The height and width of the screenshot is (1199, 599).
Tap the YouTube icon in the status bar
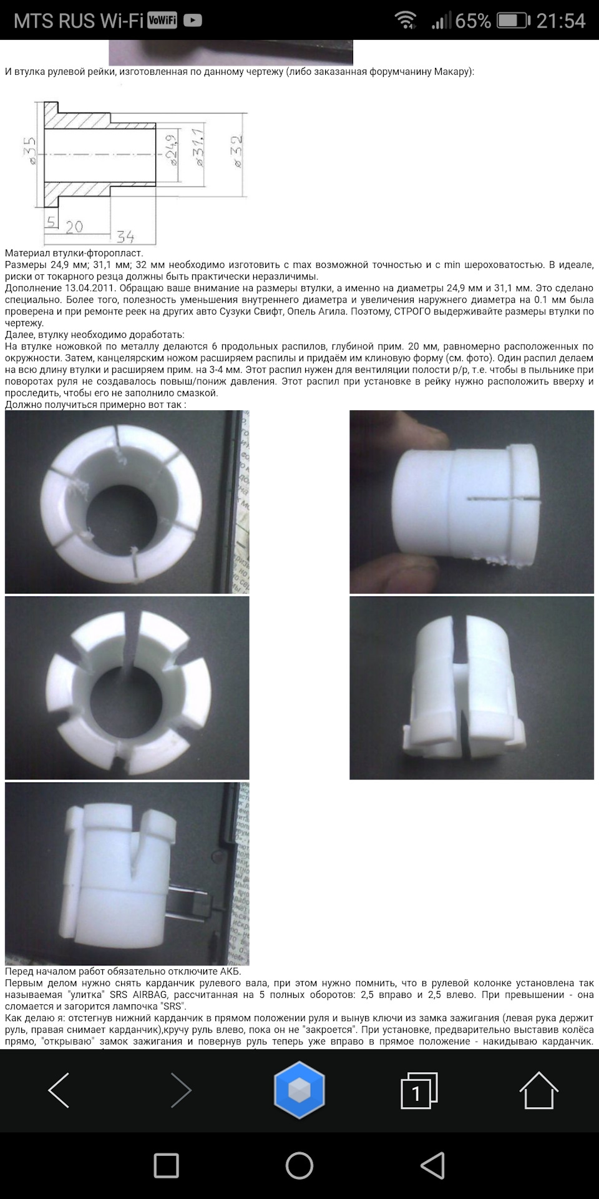[193, 21]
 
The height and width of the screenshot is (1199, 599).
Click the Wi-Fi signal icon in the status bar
[406, 21]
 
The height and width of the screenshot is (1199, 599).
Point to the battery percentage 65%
[473, 21]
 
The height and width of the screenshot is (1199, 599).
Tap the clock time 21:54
[561, 21]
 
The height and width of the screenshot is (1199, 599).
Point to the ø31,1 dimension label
[198, 147]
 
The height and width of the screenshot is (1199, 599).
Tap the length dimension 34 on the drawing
[125, 236]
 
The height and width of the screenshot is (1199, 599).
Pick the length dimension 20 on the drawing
[74, 226]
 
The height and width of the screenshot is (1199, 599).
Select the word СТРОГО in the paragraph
[415, 312]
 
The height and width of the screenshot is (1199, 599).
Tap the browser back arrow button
[59, 1090]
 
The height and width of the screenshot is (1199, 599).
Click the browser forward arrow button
[181, 1090]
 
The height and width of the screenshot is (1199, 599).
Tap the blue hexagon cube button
[299, 1090]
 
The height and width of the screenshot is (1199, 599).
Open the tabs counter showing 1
[419, 1090]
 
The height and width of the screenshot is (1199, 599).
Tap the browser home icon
[538, 1090]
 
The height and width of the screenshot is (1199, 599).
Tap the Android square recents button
[166, 1166]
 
